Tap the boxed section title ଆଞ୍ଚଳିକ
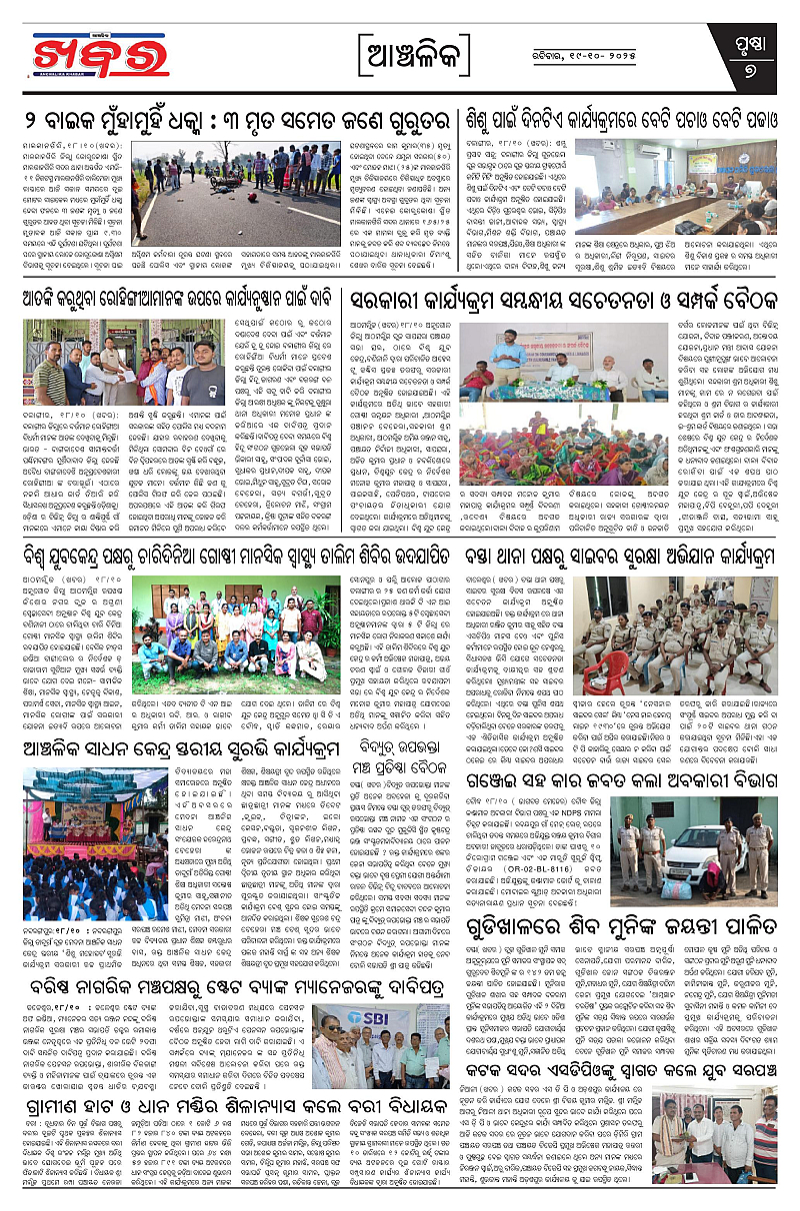(x=399, y=49)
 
